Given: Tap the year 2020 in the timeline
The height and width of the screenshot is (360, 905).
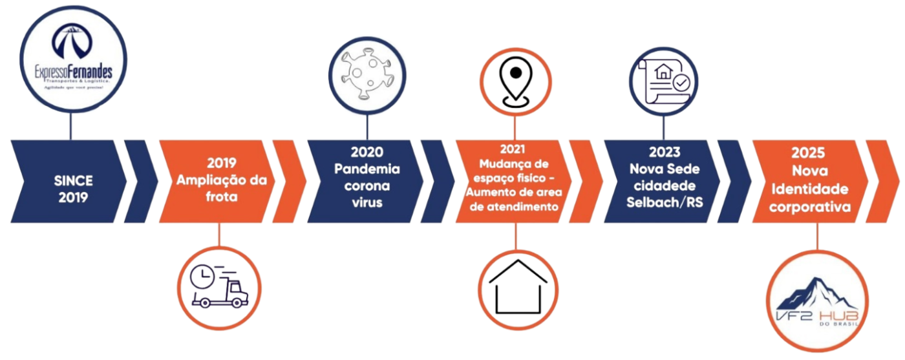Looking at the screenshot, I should point(367,153).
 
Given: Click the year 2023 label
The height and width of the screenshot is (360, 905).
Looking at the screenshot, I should point(664,153).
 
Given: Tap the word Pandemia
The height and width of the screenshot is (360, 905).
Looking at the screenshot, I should point(367,169).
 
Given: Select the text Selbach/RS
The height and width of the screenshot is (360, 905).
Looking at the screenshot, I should point(663,202).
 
